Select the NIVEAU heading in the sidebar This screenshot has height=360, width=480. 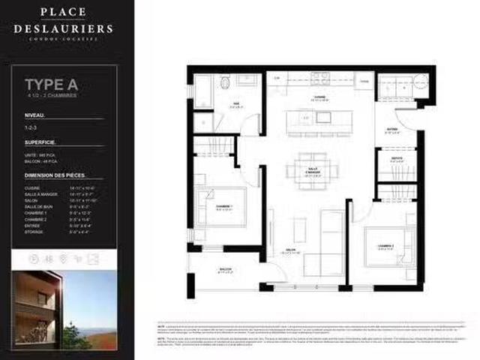pos(35,115)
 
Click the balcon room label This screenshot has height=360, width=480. pos(225,270)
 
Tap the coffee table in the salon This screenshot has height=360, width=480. pos(299,229)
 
